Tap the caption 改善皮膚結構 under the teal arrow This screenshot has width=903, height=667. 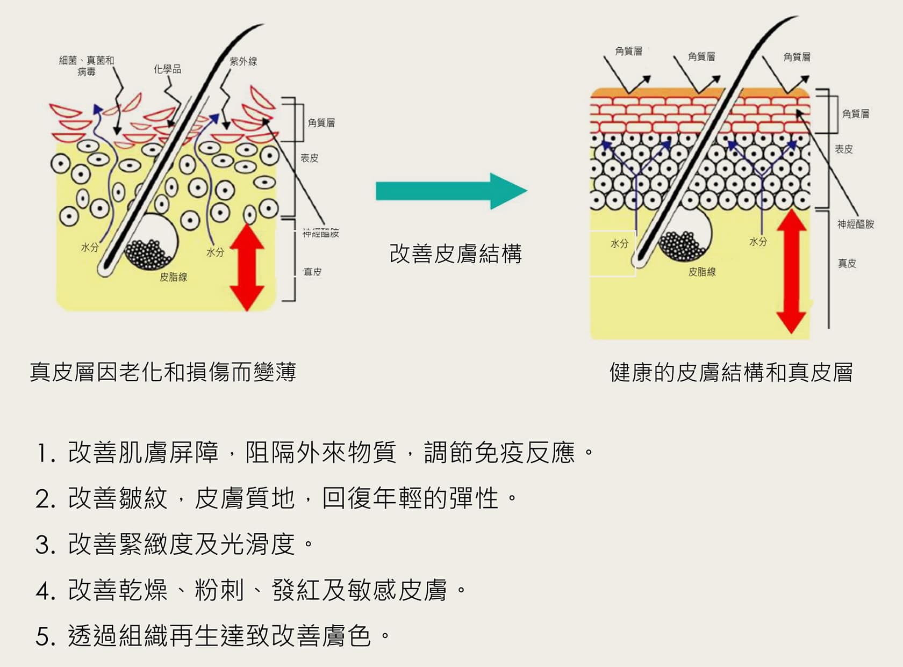click(455, 253)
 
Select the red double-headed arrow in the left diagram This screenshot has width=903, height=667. click(247, 267)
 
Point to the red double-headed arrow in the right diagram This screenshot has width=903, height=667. click(791, 271)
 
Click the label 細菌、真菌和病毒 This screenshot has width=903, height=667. click(87, 66)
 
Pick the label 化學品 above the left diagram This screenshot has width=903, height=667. click(167, 69)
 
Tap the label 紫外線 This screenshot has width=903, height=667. click(243, 62)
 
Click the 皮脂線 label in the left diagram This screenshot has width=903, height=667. click(173, 277)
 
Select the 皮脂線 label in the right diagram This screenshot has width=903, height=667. click(702, 272)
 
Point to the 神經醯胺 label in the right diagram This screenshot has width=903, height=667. click(856, 224)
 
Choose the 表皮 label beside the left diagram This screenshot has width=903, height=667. click(310, 158)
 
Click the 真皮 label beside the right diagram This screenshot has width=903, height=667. click(847, 263)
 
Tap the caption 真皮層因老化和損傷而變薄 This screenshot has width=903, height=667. click(163, 372)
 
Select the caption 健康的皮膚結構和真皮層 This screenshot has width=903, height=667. click(731, 372)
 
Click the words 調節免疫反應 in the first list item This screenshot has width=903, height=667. click(499, 453)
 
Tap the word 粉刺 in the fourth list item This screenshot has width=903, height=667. click(219, 590)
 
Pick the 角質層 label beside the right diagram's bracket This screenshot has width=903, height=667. click(856, 114)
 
